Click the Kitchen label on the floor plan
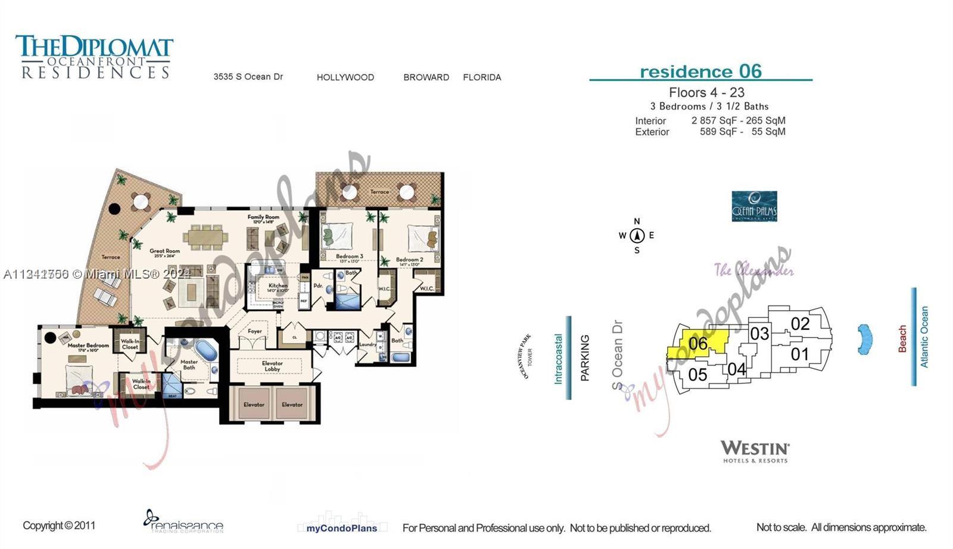(x=278, y=286)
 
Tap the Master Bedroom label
(x=88, y=345)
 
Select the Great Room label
(x=164, y=251)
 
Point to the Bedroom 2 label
(x=410, y=260)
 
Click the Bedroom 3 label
(x=350, y=257)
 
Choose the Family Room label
(x=263, y=217)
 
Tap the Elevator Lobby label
(x=272, y=366)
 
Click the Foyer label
(x=254, y=331)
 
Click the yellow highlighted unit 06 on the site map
(x=698, y=344)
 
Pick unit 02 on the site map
(x=800, y=324)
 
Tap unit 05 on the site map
(x=697, y=375)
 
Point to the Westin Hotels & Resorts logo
(x=755, y=451)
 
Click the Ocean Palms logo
(x=754, y=206)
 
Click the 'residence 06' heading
(x=700, y=71)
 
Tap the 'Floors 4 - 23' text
(x=706, y=92)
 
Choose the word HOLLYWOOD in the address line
(x=345, y=77)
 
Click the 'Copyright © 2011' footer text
(x=59, y=525)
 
